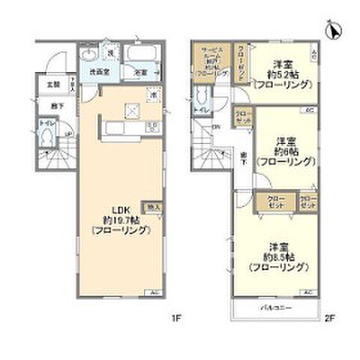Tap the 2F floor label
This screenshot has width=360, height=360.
pyautogui.click(x=328, y=317)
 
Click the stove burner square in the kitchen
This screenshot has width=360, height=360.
pyautogui.click(x=132, y=109)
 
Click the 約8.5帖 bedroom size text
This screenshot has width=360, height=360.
pyautogui.click(x=275, y=256)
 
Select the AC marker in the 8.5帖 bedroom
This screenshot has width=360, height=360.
pyautogui.click(x=307, y=292)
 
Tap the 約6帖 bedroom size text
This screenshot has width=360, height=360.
pyautogui.click(x=282, y=150)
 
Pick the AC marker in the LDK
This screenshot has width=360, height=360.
pyautogui.click(x=153, y=292)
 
